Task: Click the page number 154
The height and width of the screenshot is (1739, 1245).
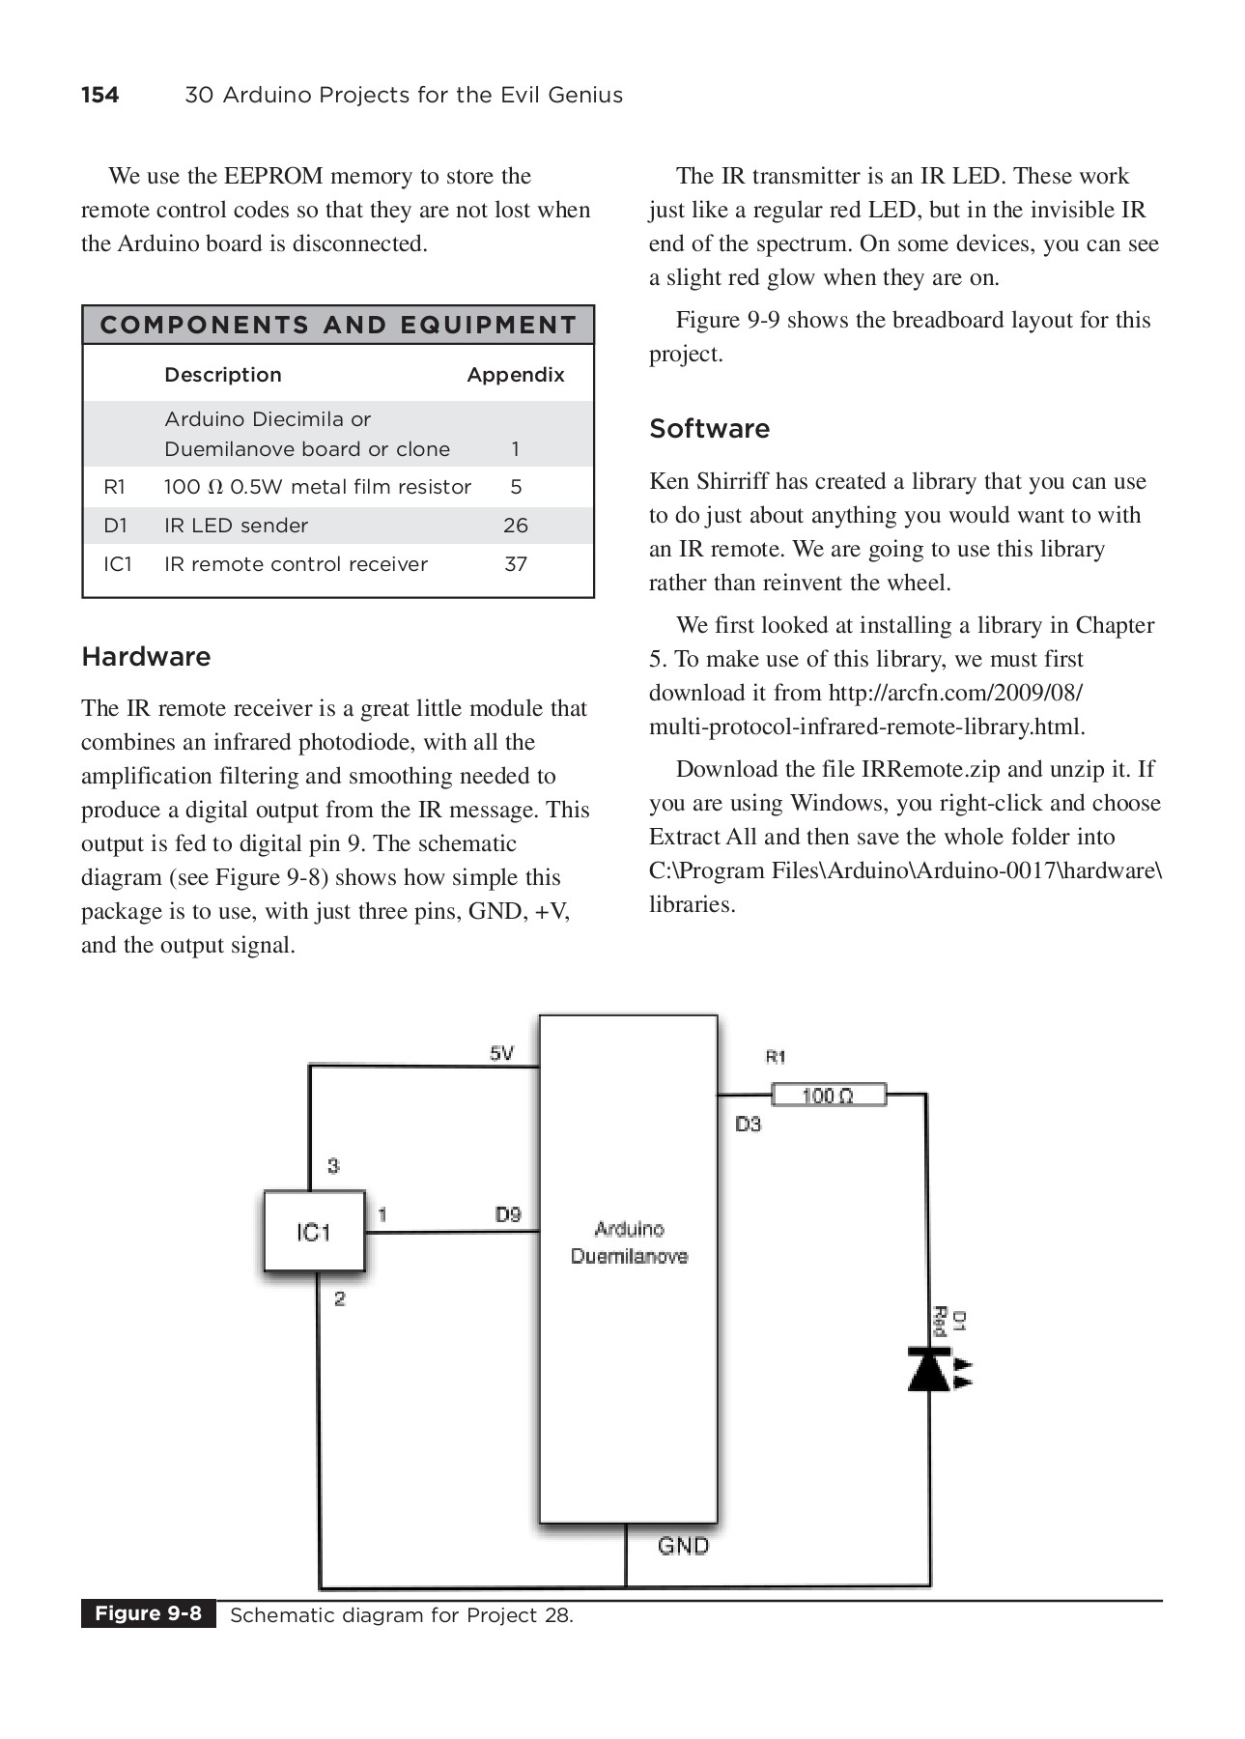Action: [99, 95]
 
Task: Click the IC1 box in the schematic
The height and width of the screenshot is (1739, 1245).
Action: [314, 1232]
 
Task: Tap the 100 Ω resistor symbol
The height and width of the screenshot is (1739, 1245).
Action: [829, 1095]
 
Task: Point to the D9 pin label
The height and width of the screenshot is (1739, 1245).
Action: [508, 1214]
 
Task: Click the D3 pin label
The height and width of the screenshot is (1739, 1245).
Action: [749, 1124]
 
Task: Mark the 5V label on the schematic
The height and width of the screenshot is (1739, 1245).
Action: [502, 1053]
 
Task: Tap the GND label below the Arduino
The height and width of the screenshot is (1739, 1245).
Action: [683, 1546]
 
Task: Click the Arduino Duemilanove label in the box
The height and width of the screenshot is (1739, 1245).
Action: [629, 1242]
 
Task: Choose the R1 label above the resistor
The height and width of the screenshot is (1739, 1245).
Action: [776, 1057]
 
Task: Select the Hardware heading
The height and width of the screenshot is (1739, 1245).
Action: [146, 657]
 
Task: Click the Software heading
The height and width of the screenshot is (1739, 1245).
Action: [709, 429]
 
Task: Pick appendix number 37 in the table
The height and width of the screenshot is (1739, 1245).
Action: [516, 564]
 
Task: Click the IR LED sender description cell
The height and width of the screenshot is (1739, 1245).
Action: [236, 526]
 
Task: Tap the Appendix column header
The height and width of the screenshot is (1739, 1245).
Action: [516, 375]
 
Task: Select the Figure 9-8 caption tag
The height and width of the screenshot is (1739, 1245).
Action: [148, 1613]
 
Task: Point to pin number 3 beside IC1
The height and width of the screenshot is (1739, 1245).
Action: [333, 1166]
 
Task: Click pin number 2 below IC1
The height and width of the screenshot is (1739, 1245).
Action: [340, 1298]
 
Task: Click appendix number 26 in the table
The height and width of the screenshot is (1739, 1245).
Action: [516, 526]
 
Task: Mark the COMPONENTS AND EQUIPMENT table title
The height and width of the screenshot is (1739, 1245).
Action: [338, 326]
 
